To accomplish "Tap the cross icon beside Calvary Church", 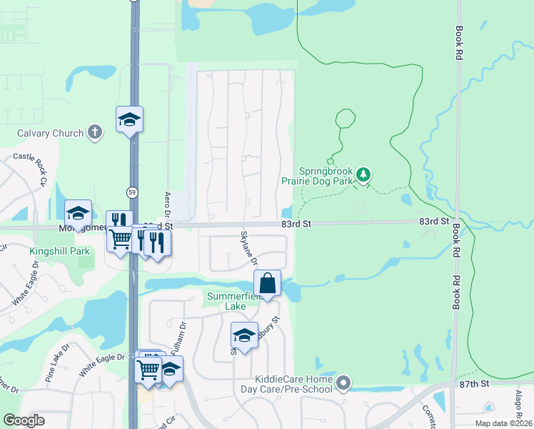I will click(94, 132).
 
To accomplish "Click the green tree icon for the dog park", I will click(363, 174).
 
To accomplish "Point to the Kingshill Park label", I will click(60, 251).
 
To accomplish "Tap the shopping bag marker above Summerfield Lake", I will click(267, 282).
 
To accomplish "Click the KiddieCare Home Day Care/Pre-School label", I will click(292, 384).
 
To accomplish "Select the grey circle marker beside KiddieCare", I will click(344, 384).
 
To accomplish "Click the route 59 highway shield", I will click(132, 192).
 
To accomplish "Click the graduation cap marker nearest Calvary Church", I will click(130, 119).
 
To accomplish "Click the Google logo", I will click(24, 420).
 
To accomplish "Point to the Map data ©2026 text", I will click(503, 423).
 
